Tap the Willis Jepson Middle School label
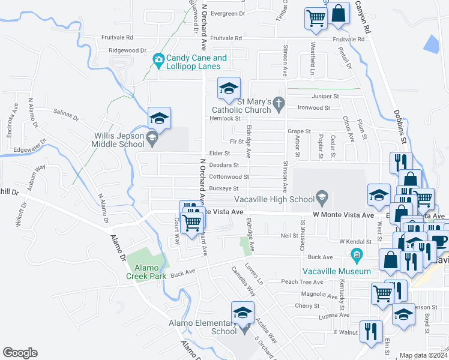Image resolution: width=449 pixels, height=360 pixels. [119, 140]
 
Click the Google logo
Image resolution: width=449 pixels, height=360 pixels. [20, 353]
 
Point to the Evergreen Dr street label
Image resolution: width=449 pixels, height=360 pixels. [228, 13]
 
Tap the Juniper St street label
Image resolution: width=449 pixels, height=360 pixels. [326, 96]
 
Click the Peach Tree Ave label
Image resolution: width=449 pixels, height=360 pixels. [303, 281]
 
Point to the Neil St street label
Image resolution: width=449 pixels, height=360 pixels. [289, 236]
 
